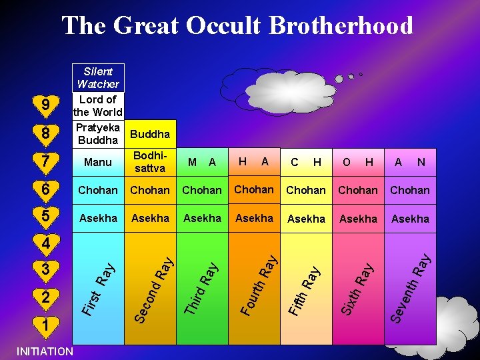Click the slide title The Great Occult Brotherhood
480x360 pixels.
[x=237, y=26]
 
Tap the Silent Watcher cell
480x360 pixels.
[x=98, y=77]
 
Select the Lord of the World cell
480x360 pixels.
[x=98, y=105]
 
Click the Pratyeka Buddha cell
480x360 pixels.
[x=98, y=134]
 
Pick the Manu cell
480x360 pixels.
[x=98, y=162]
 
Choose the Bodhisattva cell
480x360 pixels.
[x=150, y=162]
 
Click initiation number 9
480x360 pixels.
[x=45, y=105]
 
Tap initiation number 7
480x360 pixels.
[x=45, y=162]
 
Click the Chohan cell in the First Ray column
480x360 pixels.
[x=98, y=190]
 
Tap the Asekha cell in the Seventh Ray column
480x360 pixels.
[x=410, y=219]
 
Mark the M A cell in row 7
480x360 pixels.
[x=202, y=162]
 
